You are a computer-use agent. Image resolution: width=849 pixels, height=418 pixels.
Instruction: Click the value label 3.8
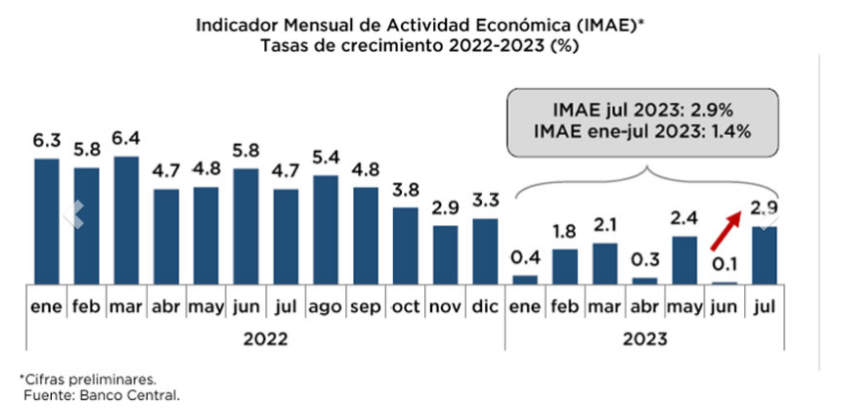(x=406, y=191)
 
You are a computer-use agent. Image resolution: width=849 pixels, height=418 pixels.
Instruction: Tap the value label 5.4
(x=326, y=159)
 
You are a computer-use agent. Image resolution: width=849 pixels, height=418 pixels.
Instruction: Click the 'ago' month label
(x=326, y=307)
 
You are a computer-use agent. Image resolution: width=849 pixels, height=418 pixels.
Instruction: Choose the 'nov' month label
(x=445, y=307)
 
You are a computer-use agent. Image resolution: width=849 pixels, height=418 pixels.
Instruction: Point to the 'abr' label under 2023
(x=644, y=307)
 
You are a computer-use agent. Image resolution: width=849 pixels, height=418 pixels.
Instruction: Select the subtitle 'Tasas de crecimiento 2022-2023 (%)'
(x=424, y=45)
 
